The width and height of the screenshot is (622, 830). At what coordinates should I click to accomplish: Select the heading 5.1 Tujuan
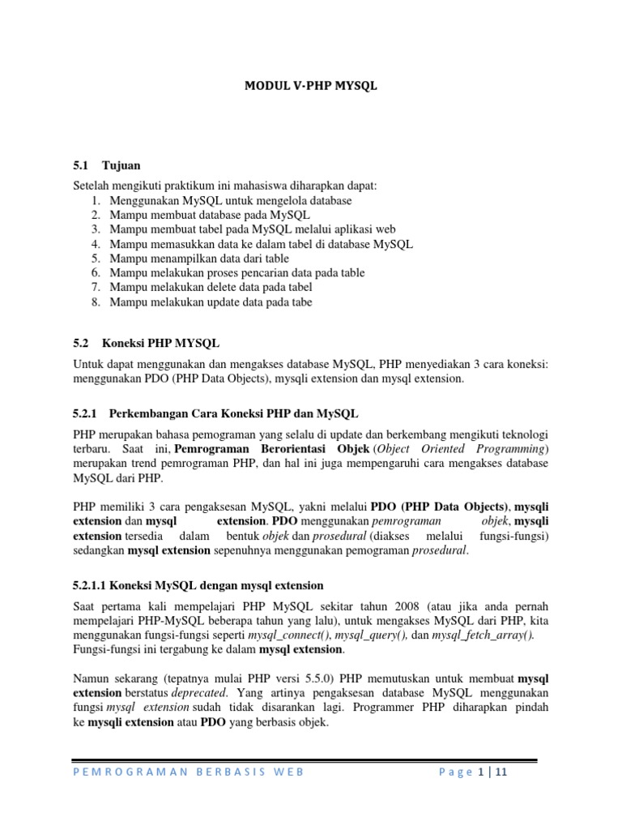(x=106, y=165)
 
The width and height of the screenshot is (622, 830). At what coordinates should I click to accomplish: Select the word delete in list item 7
(x=219, y=288)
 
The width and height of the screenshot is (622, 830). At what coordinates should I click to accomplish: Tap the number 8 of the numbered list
(x=95, y=302)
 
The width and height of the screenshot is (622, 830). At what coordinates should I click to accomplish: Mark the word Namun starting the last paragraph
(x=92, y=680)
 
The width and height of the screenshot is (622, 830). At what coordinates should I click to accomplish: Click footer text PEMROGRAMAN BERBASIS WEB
(x=188, y=772)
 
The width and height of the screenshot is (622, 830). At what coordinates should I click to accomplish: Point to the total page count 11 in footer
(x=501, y=772)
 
